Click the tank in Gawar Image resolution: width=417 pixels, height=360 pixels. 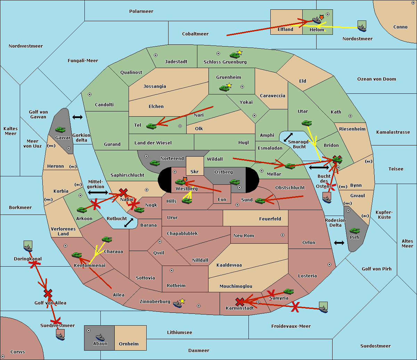pos(60,129)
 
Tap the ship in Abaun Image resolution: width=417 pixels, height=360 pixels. pos(100,337)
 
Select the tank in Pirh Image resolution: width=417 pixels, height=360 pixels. pos(354,231)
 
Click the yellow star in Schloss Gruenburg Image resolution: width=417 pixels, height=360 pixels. pos(239,52)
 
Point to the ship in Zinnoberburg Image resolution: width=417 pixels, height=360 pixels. pos(178,304)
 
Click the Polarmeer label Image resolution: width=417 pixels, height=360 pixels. pos(141,11)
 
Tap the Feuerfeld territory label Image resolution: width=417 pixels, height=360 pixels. pos(270,219)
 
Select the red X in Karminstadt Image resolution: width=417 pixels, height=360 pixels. pos(240,302)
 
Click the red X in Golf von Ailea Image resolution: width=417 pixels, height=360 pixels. pos(48,293)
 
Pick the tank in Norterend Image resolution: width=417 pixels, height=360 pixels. pos(155,163)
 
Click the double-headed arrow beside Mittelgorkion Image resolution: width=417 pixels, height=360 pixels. pos(98,192)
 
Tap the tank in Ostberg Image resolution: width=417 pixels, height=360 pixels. pos(235,182)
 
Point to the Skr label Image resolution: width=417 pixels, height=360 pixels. pos(194,171)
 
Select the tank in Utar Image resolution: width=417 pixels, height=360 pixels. pos(306,123)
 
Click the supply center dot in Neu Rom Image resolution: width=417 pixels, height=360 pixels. pos(283,235)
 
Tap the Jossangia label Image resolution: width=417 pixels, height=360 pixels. pos(155,86)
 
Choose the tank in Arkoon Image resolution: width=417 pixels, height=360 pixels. pos(82,210)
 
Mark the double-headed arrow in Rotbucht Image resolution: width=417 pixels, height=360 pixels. pos(129,223)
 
